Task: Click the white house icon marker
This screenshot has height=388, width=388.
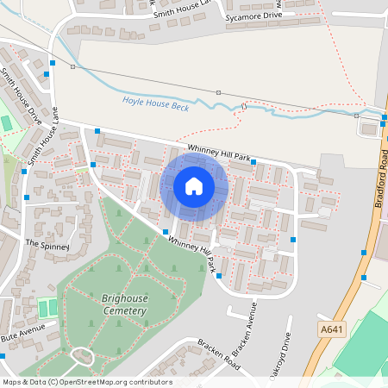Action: coord(194,186)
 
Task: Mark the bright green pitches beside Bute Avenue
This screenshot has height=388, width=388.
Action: coord(47,307)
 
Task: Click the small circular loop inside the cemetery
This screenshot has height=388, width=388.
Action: coord(83,355)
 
